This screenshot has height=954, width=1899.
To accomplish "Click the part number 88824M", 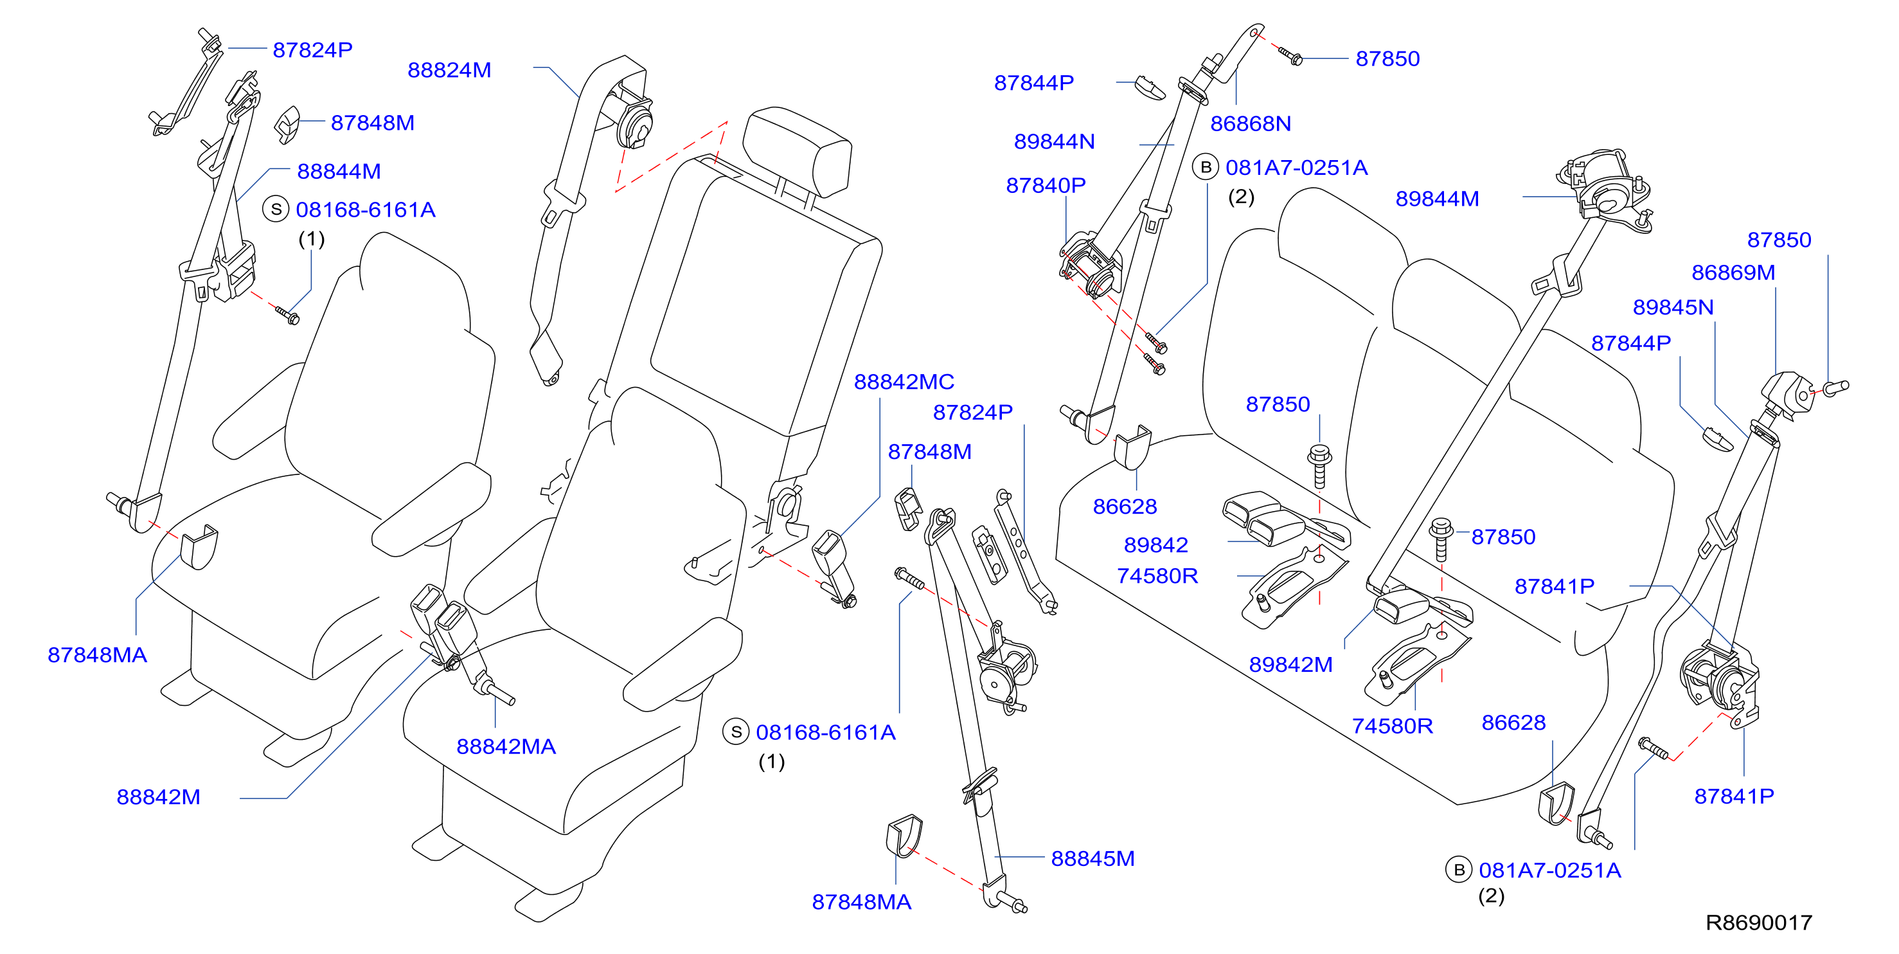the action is coord(449,70).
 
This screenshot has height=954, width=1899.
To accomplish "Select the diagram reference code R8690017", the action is coord(1759,923).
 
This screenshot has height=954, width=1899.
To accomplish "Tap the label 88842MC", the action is coord(904,382).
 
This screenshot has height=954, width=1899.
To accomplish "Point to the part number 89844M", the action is coord(1437,199).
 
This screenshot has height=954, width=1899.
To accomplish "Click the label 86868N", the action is coord(1251,124).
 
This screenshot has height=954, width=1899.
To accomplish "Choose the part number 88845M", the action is coord(1092,859).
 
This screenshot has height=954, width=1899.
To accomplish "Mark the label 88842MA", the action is coord(506,747).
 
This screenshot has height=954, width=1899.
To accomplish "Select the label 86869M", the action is coord(1733,273).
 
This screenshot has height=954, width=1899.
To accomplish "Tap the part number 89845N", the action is coord(1673,307).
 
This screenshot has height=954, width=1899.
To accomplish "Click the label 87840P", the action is coord(1046,186).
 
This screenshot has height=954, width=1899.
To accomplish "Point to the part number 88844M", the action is coord(339,172).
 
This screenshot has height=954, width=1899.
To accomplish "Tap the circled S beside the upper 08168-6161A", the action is coord(276,210).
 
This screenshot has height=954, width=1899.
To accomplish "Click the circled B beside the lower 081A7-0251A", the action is coord(1458,870).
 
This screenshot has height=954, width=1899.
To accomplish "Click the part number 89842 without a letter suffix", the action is coord(1155,546).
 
